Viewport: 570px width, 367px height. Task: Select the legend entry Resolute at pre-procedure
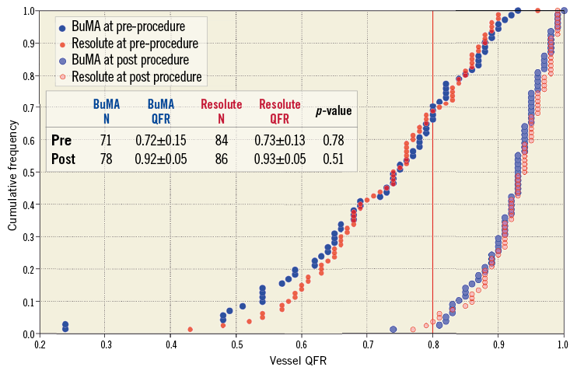(133, 44)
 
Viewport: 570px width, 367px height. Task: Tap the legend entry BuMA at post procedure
(128, 60)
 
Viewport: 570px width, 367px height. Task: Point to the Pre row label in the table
(61, 141)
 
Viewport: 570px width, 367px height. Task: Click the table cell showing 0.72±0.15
(161, 141)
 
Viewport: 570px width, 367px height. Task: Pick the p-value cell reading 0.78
(334, 141)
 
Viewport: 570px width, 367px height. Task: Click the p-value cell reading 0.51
(334, 158)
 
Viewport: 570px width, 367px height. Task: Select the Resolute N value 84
(222, 141)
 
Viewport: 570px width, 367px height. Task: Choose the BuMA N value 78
(107, 158)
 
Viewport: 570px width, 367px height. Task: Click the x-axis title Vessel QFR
(300, 360)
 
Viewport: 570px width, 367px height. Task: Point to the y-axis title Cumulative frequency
(12, 172)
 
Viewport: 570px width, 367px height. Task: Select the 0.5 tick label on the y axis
(28, 173)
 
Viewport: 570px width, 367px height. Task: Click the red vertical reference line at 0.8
(432, 233)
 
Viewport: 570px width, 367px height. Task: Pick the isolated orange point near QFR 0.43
(191, 330)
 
